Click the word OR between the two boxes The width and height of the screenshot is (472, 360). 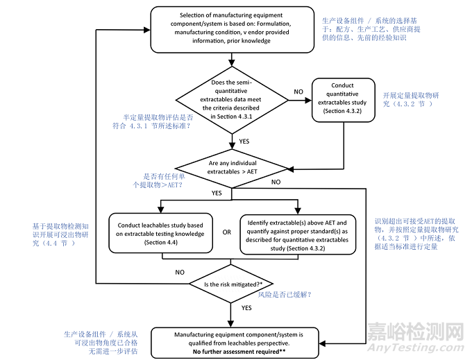227,232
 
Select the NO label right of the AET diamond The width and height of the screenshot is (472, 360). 276,182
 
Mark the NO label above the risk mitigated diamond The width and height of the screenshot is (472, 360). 180,273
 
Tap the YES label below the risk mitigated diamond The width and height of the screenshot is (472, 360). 245,307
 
